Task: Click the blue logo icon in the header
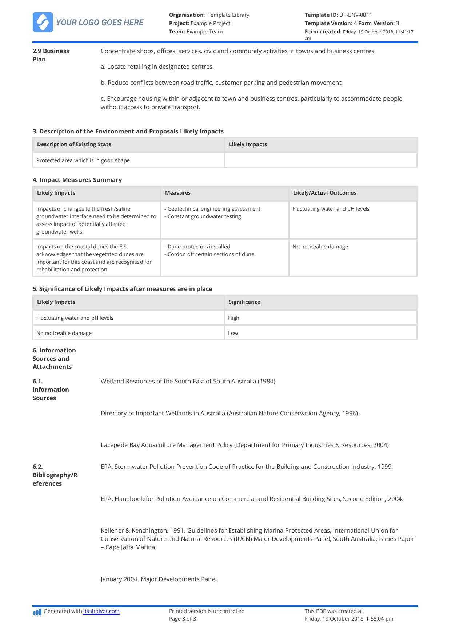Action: click(43, 22)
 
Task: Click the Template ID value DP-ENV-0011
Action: click(355, 15)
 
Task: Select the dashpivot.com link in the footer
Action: click(101, 611)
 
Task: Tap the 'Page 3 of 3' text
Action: click(183, 619)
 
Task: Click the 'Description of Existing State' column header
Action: click(74, 144)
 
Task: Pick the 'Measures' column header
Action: click(178, 193)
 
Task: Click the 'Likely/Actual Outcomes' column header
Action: click(324, 193)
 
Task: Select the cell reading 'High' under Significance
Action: click(234, 318)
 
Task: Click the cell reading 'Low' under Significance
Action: click(233, 333)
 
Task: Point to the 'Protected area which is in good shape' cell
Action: click(83, 160)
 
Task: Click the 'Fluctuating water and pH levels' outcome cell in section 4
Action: click(331, 209)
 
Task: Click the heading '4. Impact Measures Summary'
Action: click(77, 180)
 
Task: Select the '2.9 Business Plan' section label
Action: click(51, 55)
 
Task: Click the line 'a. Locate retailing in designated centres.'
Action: click(157, 67)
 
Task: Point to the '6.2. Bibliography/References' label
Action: click(55, 475)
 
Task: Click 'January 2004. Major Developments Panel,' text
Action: click(159, 579)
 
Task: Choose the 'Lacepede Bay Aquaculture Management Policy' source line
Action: click(244, 445)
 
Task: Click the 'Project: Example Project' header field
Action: click(199, 23)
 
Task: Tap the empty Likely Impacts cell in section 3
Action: click(320, 160)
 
